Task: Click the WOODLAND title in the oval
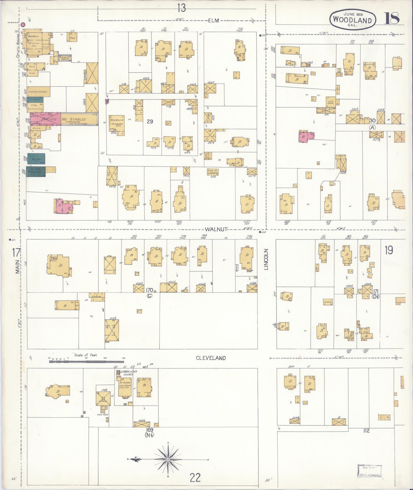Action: coord(352,20)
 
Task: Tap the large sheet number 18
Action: coord(392,19)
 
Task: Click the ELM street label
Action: coord(213,20)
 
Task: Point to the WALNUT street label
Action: coord(216,229)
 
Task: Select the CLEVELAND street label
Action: coord(211,358)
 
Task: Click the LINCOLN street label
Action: coord(266,259)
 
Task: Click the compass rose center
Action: coord(168,459)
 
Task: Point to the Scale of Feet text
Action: coord(86,355)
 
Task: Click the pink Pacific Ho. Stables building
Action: coord(45,119)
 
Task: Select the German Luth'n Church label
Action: coord(126,373)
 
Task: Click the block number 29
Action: coord(150,121)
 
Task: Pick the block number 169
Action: coord(149,430)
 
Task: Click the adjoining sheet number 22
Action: coord(195,477)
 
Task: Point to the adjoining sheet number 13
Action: coord(181,8)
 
